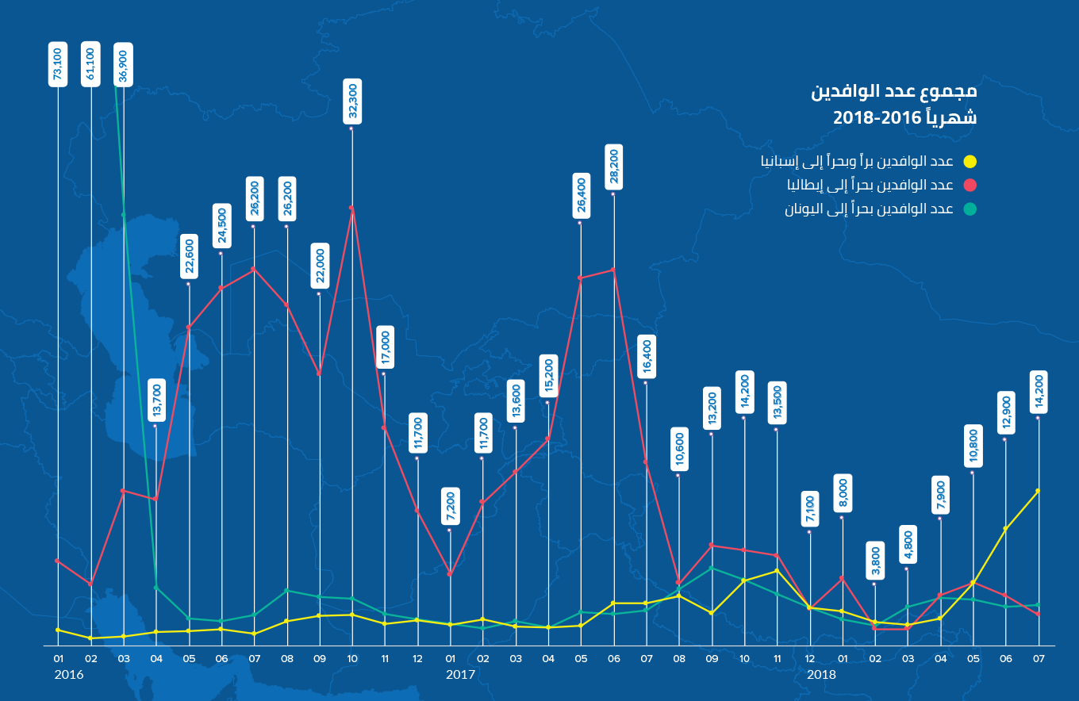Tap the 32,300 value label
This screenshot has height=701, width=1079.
tap(352, 101)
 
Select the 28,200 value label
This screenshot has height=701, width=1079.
tap(614, 167)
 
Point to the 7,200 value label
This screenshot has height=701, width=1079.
tap(450, 506)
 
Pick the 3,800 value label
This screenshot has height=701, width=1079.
tap(875, 561)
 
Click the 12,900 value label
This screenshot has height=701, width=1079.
tap(1006, 413)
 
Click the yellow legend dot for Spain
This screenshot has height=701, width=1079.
tap(970, 162)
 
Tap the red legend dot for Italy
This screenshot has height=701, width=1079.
tap(970, 186)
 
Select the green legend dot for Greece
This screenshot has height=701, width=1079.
tap(970, 209)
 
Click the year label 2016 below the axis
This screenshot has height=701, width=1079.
tap(68, 675)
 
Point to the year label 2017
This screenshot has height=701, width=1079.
tap(460, 675)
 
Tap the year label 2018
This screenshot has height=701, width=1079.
tap(821, 675)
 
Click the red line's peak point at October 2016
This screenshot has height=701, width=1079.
tap(351, 208)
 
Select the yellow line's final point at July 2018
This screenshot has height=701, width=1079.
tap(1038, 491)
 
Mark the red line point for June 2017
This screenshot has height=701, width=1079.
tap(613, 270)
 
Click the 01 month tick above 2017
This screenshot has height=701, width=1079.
tap(450, 658)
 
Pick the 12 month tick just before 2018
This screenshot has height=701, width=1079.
tap(810, 658)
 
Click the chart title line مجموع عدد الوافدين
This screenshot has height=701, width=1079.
tap(893, 90)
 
